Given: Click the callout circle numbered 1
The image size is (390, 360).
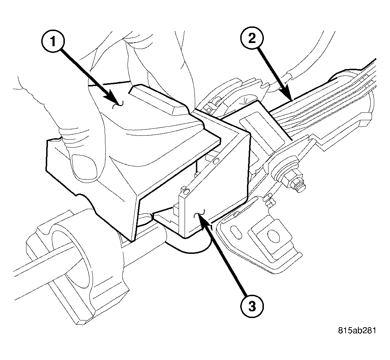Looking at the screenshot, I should [53, 42].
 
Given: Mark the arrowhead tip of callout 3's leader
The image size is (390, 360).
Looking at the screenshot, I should [199, 216].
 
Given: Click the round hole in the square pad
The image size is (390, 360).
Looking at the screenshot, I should [272, 235].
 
